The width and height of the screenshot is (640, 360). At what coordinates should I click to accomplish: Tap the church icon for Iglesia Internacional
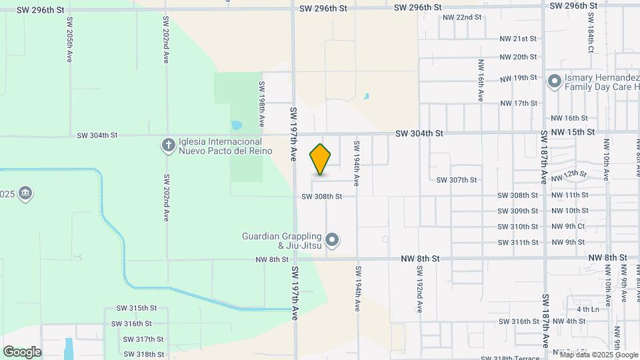pos(169,144)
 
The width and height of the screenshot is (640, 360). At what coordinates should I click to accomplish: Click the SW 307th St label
pos(457,180)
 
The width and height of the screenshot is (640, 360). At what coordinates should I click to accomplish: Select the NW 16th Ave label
pos(480,80)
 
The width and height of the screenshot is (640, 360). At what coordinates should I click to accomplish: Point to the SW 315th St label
pos(136,308)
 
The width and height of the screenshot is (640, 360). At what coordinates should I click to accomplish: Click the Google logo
pos(22,352)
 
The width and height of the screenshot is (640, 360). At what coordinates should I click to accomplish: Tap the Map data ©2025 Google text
pos(599,354)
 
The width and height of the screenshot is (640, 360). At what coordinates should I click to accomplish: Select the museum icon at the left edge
pos(25,194)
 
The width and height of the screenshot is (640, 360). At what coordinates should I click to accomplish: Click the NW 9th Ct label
pos(568,227)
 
